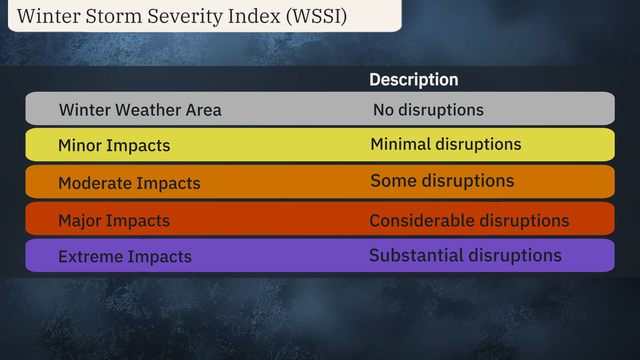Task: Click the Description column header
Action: pos(414,80)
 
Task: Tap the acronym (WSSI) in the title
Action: pos(316,16)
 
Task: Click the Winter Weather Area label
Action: pos(140,110)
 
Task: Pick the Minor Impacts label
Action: pos(114,146)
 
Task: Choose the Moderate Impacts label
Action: pos(129,183)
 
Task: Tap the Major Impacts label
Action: pos(114,221)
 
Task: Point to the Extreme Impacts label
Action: pos(125,257)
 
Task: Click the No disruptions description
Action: pos(428,110)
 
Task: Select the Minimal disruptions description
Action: pos(446,144)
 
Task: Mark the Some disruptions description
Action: pos(442,181)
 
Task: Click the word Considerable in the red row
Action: pos(422,221)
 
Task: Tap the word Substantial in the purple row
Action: pos(416,255)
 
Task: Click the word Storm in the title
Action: pos(114,16)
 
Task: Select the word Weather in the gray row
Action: pos(148,110)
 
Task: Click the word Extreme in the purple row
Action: pos(91,257)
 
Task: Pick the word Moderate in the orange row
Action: pos(95,183)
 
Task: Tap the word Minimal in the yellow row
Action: pos(401,144)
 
